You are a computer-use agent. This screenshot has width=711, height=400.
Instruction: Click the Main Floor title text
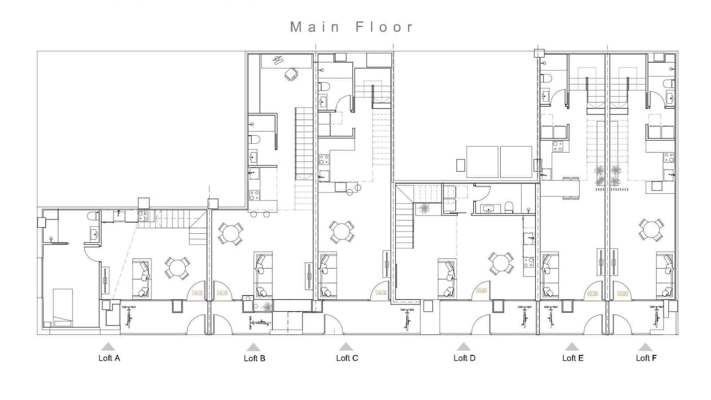coord(352,27)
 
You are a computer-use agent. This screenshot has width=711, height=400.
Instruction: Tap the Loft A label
coord(109,358)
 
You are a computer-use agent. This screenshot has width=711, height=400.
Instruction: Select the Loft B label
coord(254,358)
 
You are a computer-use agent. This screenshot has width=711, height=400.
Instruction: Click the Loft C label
coord(347,358)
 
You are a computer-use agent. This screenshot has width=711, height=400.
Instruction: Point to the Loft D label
coord(464,358)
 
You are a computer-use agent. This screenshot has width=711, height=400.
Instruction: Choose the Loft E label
coord(572,358)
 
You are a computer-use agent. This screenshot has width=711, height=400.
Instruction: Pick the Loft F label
coord(646,358)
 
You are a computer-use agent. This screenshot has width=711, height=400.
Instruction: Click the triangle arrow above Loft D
coord(463,347)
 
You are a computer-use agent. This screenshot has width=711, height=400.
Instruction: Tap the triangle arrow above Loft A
coord(108,347)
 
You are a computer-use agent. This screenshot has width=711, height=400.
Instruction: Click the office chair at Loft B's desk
coord(291,74)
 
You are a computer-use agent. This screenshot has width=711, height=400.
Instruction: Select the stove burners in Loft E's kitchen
coord(557,146)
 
